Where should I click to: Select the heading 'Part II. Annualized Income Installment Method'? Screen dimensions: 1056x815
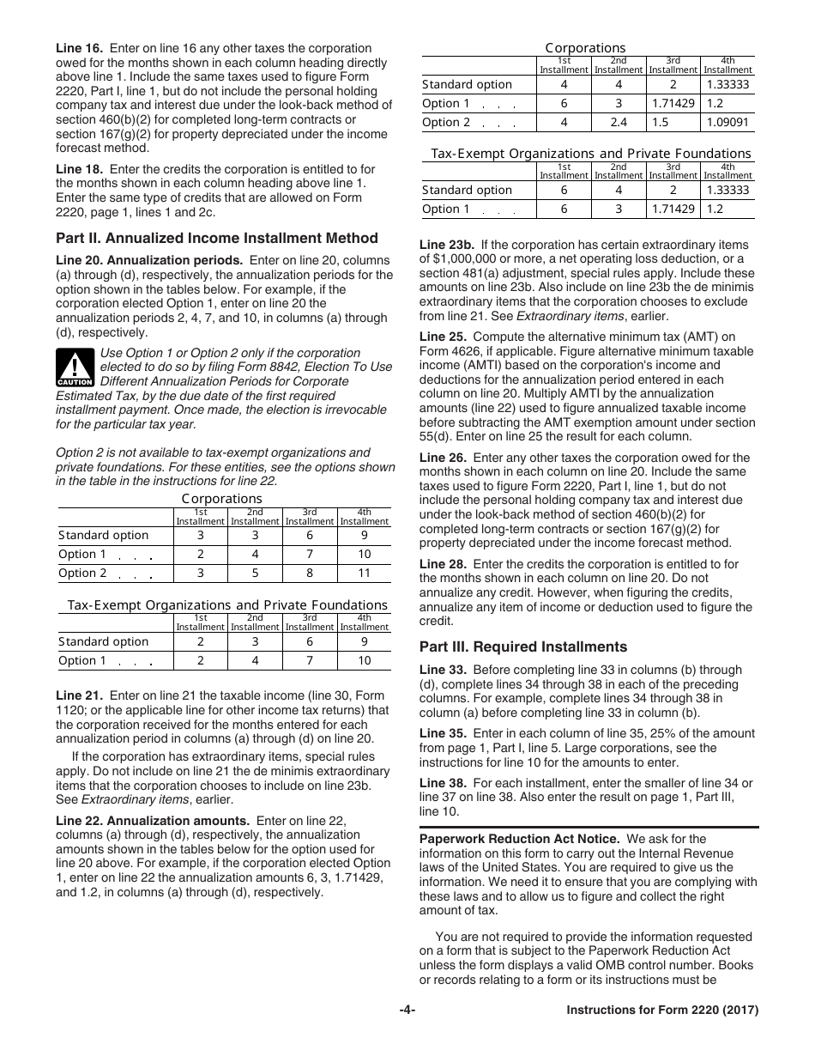[x=216, y=239]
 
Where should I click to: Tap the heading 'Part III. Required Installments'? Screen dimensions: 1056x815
[x=522, y=647]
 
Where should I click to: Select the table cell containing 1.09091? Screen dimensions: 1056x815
[x=727, y=123]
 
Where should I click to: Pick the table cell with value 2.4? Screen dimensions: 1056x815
[x=618, y=123]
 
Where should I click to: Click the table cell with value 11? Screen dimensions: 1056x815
[x=364, y=574]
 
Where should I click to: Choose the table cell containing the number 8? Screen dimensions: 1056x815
[x=310, y=574]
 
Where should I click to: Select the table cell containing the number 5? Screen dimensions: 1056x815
[x=255, y=574]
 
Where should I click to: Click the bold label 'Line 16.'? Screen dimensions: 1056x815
[x=80, y=48]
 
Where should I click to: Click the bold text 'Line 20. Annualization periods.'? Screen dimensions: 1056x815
[x=149, y=260]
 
